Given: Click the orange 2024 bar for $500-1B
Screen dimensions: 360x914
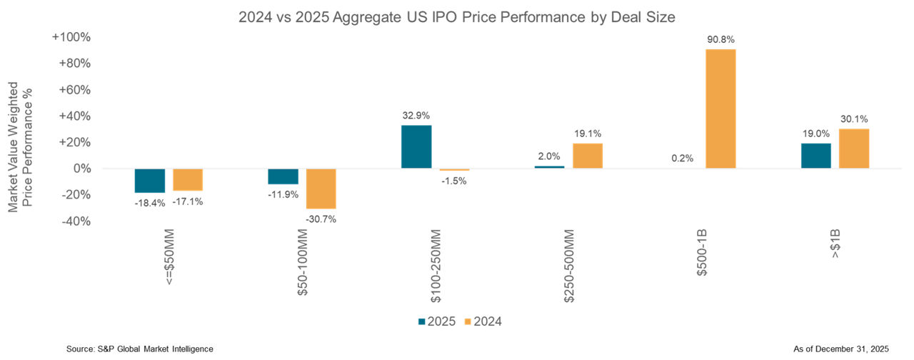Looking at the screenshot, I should [720, 109].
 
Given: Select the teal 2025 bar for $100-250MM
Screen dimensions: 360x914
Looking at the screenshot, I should [416, 147].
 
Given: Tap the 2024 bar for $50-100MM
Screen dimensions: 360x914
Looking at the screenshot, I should [321, 189].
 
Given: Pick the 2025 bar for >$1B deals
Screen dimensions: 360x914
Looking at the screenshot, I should [816, 156].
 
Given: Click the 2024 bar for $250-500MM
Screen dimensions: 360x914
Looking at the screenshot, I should [588, 156].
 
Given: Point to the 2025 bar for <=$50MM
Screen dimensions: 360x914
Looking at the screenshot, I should [150, 181].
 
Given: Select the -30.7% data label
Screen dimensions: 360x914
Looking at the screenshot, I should [321, 219].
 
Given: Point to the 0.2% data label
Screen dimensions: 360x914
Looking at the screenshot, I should [683, 159].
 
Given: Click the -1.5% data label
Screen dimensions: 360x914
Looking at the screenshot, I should [454, 181].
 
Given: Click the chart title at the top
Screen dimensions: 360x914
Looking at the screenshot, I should [456, 15].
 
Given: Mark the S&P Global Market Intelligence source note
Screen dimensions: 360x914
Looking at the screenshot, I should [139, 348].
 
